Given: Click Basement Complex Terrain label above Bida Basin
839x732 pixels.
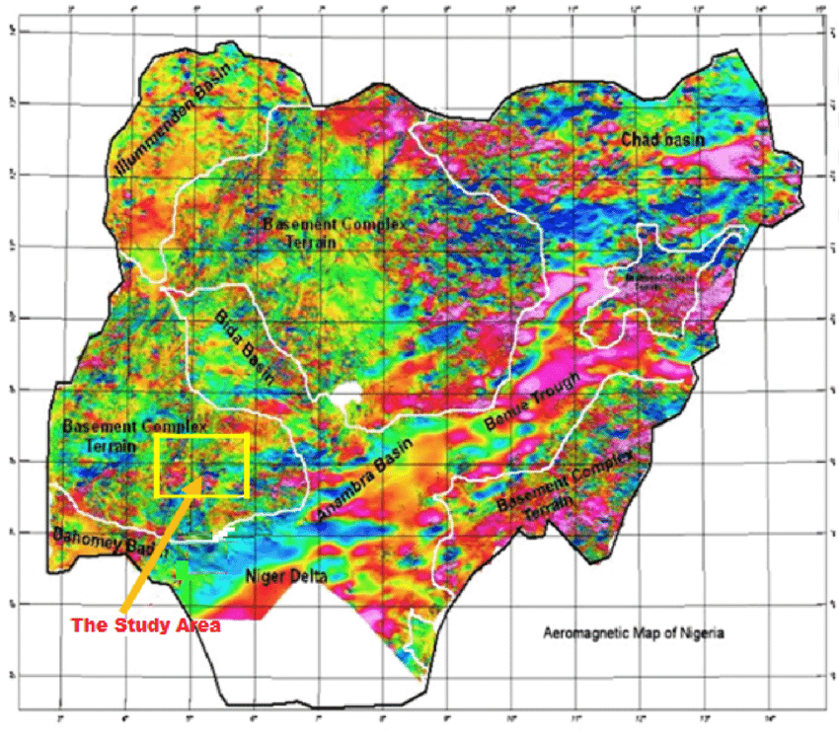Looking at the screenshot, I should click(x=327, y=233).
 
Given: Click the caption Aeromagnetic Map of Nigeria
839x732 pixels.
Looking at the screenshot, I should click(x=634, y=633).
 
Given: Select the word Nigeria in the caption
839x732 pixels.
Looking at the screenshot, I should click(x=704, y=633).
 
